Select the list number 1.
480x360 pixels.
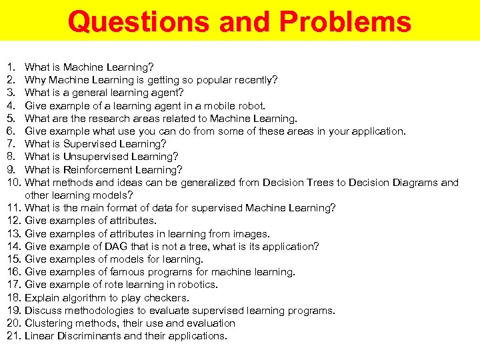[x=10, y=67]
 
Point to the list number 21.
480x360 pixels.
[x=13, y=336]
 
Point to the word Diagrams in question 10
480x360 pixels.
[x=417, y=183]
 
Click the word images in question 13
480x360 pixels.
[x=249, y=234]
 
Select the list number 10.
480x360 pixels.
[x=13, y=183]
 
